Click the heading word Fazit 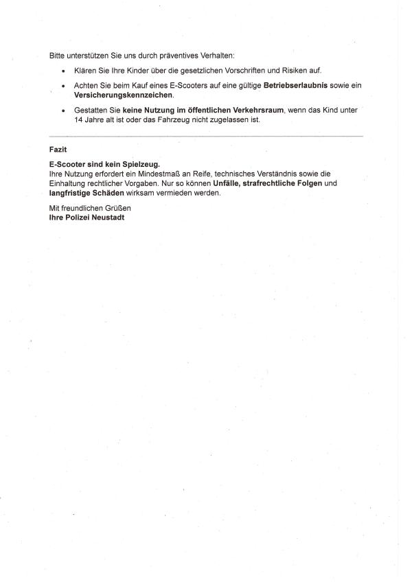coord(58,148)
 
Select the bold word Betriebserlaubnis coord(295,85)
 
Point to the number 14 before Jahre coord(78,119)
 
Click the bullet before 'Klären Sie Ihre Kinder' coord(64,71)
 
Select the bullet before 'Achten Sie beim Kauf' coord(64,86)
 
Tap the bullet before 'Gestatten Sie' coord(64,110)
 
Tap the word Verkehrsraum coord(255,110)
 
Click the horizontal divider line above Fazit coord(206,136)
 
